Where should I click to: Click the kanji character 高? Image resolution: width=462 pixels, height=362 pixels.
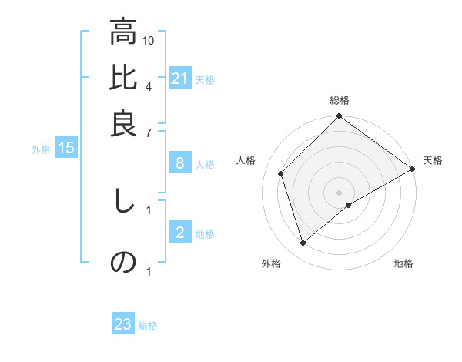[x=123, y=34]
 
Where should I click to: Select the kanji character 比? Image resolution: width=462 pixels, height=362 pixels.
[x=123, y=79]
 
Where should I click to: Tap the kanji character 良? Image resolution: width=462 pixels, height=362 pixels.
[x=123, y=123]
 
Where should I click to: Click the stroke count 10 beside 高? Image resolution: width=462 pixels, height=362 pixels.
[x=149, y=40]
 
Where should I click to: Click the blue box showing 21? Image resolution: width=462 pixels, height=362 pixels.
[x=180, y=79]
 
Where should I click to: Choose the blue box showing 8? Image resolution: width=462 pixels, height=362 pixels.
[x=180, y=163]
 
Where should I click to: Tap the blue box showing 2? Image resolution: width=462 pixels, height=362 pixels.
[x=180, y=233]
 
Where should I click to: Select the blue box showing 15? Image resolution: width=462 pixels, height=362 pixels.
[x=66, y=149]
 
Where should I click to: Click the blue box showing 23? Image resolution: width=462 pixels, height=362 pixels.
[x=123, y=324]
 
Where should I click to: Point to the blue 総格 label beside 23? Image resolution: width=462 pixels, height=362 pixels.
[x=148, y=326]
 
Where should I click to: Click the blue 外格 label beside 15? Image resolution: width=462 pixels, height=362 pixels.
[x=40, y=149]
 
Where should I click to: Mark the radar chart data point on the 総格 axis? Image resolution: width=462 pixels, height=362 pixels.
[x=339, y=117]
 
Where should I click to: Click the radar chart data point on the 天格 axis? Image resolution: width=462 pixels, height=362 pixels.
[x=412, y=169]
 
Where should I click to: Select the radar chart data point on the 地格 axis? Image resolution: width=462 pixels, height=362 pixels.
[x=349, y=205]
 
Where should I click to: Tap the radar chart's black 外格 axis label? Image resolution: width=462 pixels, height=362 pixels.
[x=271, y=263]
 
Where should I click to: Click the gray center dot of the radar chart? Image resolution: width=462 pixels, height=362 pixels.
[x=339, y=192]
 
